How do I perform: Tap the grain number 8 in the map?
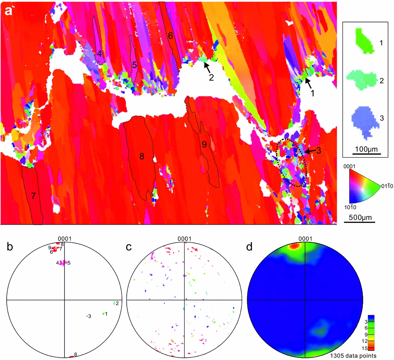(142, 156)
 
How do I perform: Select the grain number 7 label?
(33, 196)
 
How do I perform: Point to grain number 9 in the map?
(204, 144)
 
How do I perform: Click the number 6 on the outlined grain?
(170, 36)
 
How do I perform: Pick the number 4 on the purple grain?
(99, 54)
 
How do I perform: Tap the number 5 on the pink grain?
(134, 65)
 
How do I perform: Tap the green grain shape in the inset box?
(365, 41)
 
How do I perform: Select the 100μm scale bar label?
(366, 149)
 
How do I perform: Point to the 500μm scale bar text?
(359, 217)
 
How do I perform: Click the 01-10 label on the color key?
(387, 186)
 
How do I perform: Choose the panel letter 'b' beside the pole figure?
(10, 247)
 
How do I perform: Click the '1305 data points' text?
(353, 356)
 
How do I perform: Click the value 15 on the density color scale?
(365, 348)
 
